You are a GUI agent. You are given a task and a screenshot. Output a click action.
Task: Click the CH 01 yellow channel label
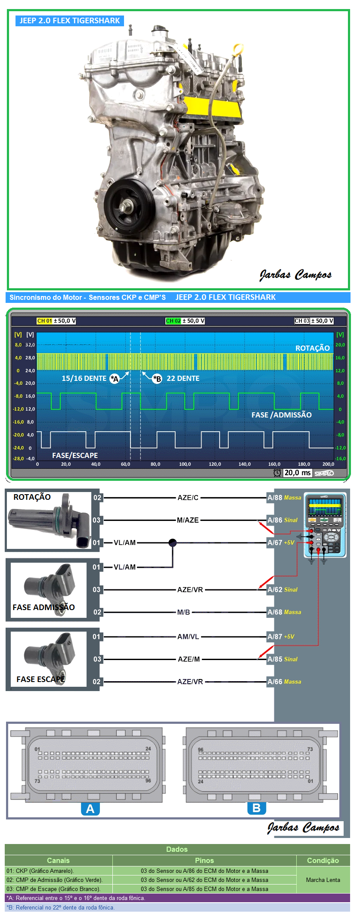click(x=44, y=321)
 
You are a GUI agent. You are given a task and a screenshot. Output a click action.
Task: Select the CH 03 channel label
click(x=302, y=321)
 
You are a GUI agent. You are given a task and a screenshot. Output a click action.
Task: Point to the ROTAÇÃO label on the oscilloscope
click(x=312, y=348)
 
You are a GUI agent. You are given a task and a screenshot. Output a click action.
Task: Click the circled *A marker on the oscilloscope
click(x=114, y=379)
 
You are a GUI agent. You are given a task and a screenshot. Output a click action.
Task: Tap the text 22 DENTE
click(x=183, y=378)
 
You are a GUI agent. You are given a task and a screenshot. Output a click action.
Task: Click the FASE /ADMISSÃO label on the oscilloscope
click(x=281, y=415)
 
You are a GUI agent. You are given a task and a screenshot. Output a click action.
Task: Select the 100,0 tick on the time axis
click(x=185, y=464)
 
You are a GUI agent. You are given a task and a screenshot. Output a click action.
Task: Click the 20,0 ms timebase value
click(x=297, y=473)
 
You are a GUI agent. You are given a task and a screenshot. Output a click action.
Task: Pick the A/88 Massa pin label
click(x=284, y=498)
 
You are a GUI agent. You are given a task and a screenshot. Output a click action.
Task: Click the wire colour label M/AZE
click(x=188, y=520)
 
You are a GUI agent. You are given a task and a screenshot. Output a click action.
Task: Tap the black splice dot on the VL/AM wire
click(x=172, y=542)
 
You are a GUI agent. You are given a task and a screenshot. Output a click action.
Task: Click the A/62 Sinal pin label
click(x=282, y=589)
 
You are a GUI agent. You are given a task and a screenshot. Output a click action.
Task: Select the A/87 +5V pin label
click(x=281, y=636)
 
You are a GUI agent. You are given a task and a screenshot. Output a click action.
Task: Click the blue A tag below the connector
click(x=90, y=809)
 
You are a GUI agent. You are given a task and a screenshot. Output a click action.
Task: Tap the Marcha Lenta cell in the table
click(x=323, y=880)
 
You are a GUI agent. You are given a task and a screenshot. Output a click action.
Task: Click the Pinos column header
click(x=204, y=860)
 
